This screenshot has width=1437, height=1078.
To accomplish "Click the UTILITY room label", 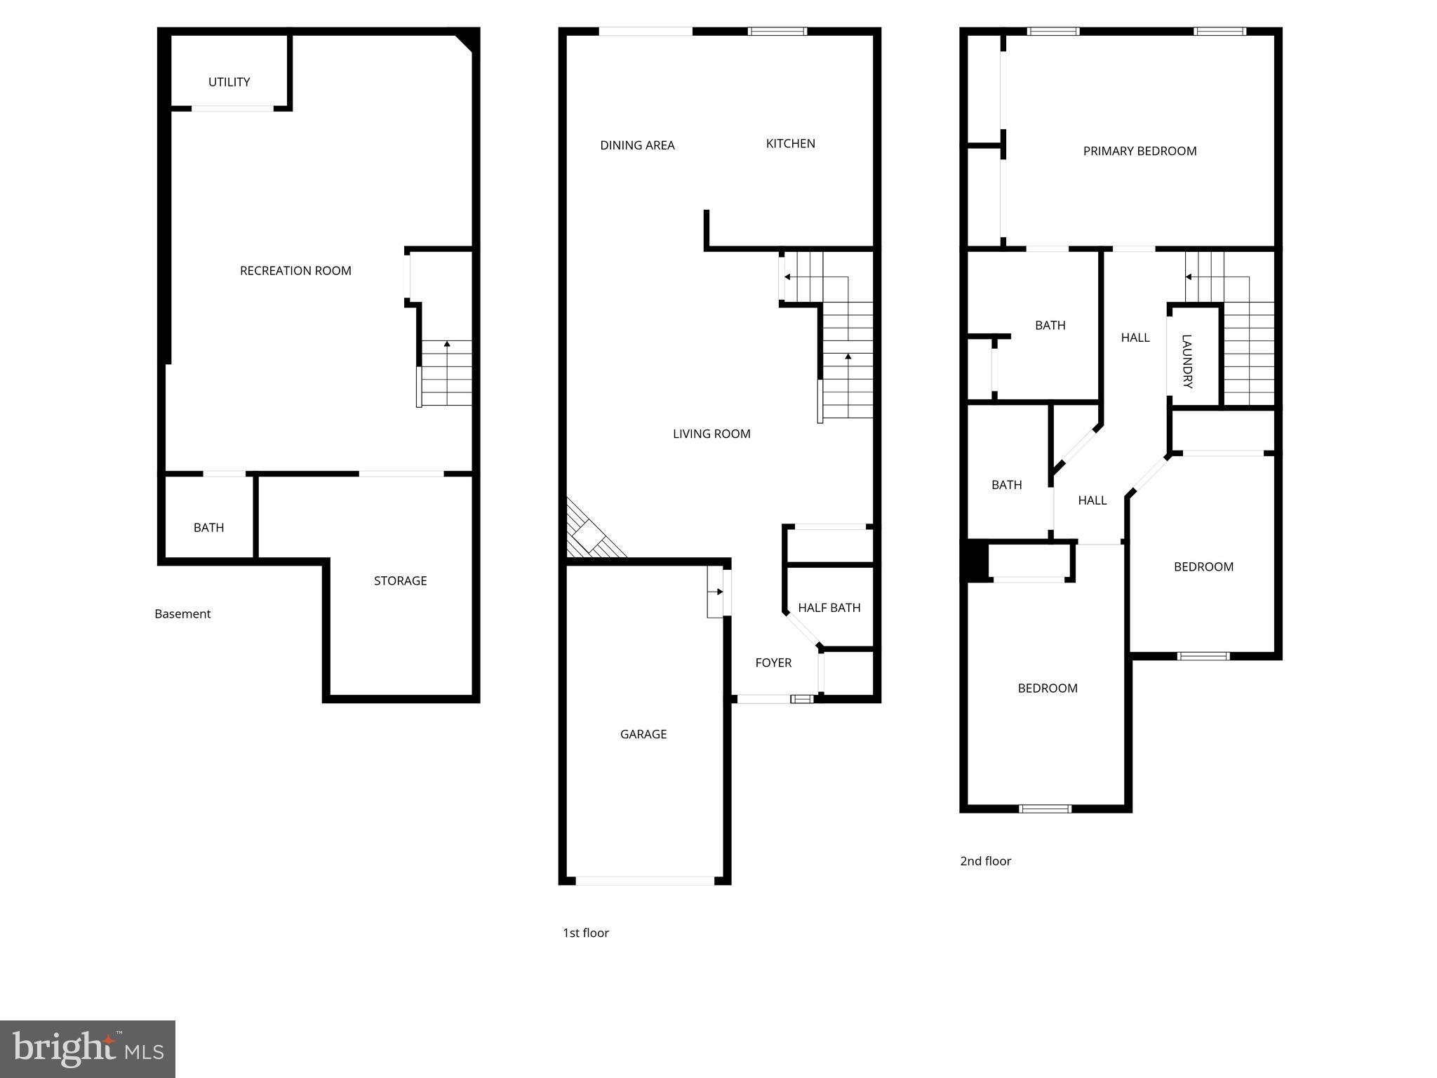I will coord(229,82).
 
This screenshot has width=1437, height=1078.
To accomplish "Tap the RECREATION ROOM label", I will coord(295,271).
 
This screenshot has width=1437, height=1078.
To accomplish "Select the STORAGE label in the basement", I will coord(400,580).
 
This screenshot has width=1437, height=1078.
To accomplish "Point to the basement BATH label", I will coord(208,528).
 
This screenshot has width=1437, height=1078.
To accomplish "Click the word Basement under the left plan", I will coord(182,614).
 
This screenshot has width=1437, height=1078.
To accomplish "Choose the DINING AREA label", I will coord(637,145).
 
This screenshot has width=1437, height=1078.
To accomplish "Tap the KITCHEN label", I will coord(790,144).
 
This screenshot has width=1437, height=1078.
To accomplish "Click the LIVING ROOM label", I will coord(711,434).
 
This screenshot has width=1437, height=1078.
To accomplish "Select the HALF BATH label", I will coord(829,608).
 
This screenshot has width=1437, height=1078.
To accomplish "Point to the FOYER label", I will coord(773,663).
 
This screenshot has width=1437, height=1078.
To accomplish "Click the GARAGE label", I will coord(643,734).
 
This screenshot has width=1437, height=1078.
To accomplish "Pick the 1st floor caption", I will coord(586,933).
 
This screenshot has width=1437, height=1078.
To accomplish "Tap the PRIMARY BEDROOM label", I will coord(1139,151).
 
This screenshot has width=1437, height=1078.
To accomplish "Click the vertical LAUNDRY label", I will coord(1187,361).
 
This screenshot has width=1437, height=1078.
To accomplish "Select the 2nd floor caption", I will coord(985,861).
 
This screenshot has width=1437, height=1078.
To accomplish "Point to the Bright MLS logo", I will coord(88,1049).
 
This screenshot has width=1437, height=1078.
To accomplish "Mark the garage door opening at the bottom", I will coord(644,881).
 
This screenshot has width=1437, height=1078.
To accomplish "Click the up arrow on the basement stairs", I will coord(447,345).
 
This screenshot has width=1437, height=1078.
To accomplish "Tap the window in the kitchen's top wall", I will coord(777,32).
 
